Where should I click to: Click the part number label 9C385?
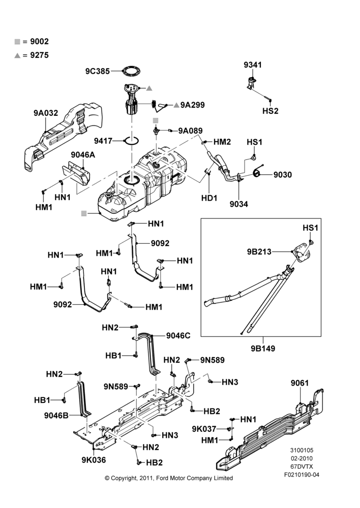97,71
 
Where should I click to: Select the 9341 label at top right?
253,65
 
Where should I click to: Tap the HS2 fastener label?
271,111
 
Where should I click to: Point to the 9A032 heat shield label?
46,113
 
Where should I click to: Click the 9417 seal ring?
132,141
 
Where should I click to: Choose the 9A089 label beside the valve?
190,131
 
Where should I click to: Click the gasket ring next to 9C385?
131,71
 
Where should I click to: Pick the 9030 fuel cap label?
283,175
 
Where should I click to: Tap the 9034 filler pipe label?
238,204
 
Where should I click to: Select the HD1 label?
209,198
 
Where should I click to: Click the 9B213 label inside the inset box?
259,252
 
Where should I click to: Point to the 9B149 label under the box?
263,348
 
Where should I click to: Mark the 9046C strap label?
178,336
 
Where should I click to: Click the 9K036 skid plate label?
94,460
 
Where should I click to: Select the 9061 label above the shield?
299,383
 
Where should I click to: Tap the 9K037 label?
204,429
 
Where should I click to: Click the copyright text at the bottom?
169,478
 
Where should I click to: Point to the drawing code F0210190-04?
302,474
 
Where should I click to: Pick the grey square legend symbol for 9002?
17,42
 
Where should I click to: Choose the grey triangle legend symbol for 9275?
17,56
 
